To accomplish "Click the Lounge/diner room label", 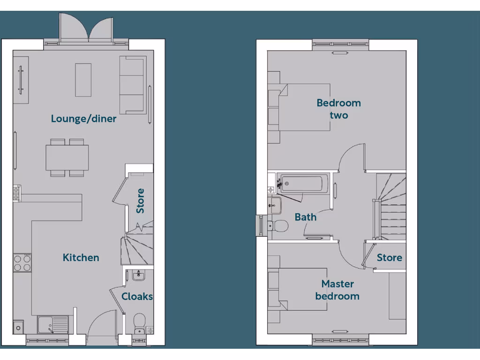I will [83, 119].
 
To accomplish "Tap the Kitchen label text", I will [81, 257].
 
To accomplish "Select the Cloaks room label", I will [137, 296].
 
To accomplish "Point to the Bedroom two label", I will [338, 109].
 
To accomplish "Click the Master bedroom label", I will [337, 290].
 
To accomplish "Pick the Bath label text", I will [306, 217].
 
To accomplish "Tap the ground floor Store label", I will [140, 201].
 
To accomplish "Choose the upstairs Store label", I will [390, 257].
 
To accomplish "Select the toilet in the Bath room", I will [279, 225].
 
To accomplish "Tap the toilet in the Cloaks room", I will [139, 322].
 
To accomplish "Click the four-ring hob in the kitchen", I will [22, 262].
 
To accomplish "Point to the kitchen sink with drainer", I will [52, 324].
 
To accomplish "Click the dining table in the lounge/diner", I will [67, 157].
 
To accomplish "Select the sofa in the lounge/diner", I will [133, 84].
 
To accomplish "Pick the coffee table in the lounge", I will [83, 80].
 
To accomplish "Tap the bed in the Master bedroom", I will [300, 289].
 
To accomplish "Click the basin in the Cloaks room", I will [139, 276].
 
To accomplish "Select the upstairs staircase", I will [390, 206].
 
